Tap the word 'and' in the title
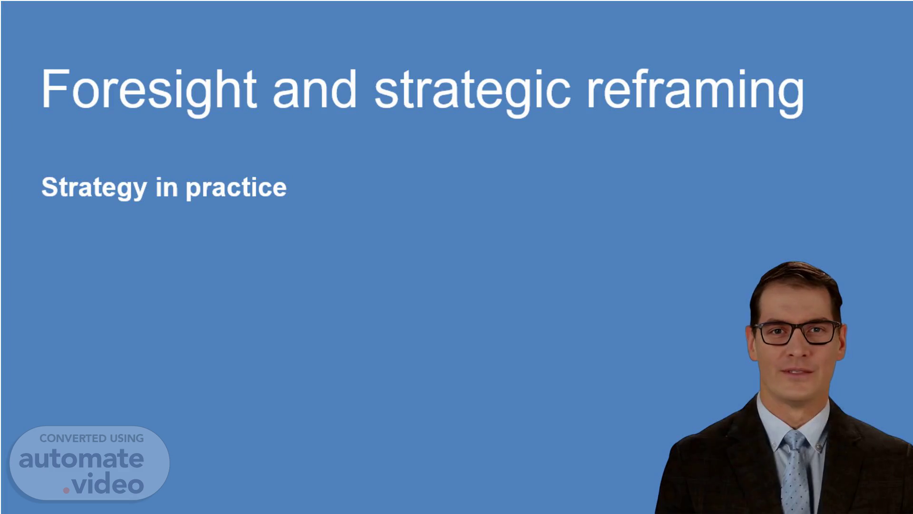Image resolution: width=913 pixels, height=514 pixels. pos(314,89)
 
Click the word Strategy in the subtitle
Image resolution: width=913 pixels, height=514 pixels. pos(94,188)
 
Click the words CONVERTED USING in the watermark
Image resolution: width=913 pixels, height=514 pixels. pos(92,438)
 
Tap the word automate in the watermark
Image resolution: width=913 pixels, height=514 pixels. pos(81,459)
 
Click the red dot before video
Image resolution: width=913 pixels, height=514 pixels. pos(67,490)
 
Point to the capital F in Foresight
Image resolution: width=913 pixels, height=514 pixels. pos(54,89)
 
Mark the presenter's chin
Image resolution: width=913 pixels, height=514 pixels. pos(799,393)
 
